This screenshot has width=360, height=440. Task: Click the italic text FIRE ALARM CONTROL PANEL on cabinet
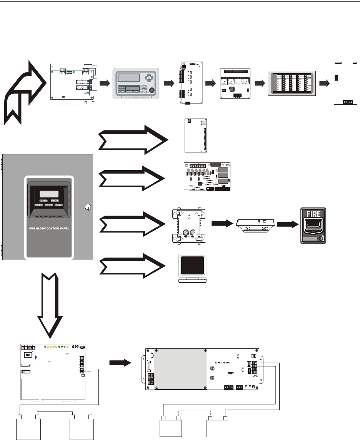tap(48, 228)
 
